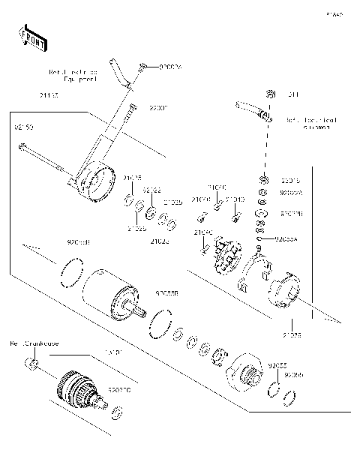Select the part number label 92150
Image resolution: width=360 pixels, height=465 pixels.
pyautogui.click(x=24, y=127)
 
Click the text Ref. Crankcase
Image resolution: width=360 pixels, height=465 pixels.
pyautogui.click(x=33, y=343)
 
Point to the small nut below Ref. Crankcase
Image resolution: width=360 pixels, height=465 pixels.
pyautogui.click(x=31, y=364)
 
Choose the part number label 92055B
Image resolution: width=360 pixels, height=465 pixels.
pyautogui.click(x=166, y=294)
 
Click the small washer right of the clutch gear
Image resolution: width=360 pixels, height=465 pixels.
pyautogui.click(x=118, y=413)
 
